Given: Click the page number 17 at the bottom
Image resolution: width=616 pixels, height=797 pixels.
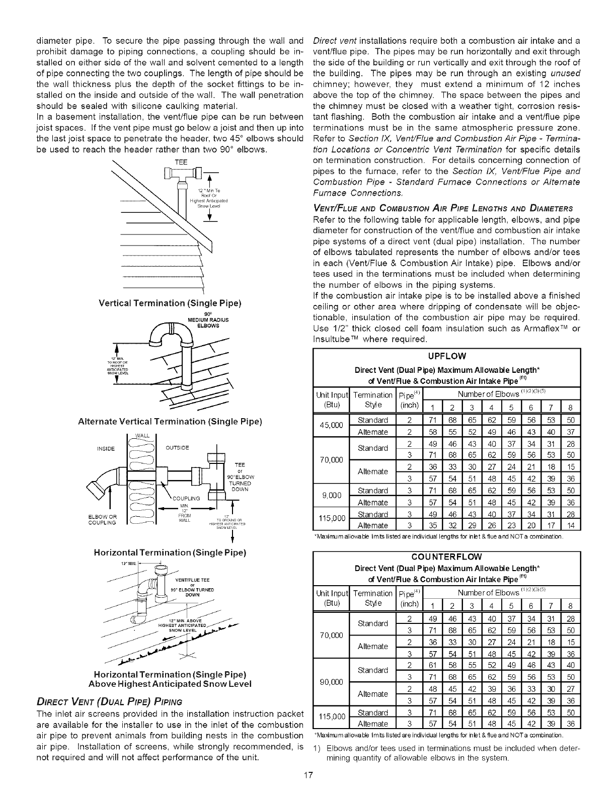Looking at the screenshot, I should point(309,788).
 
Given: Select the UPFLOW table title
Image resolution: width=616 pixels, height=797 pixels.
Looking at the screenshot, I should point(447,357).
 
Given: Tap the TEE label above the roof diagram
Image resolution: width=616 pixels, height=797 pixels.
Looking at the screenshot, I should point(181,162).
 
